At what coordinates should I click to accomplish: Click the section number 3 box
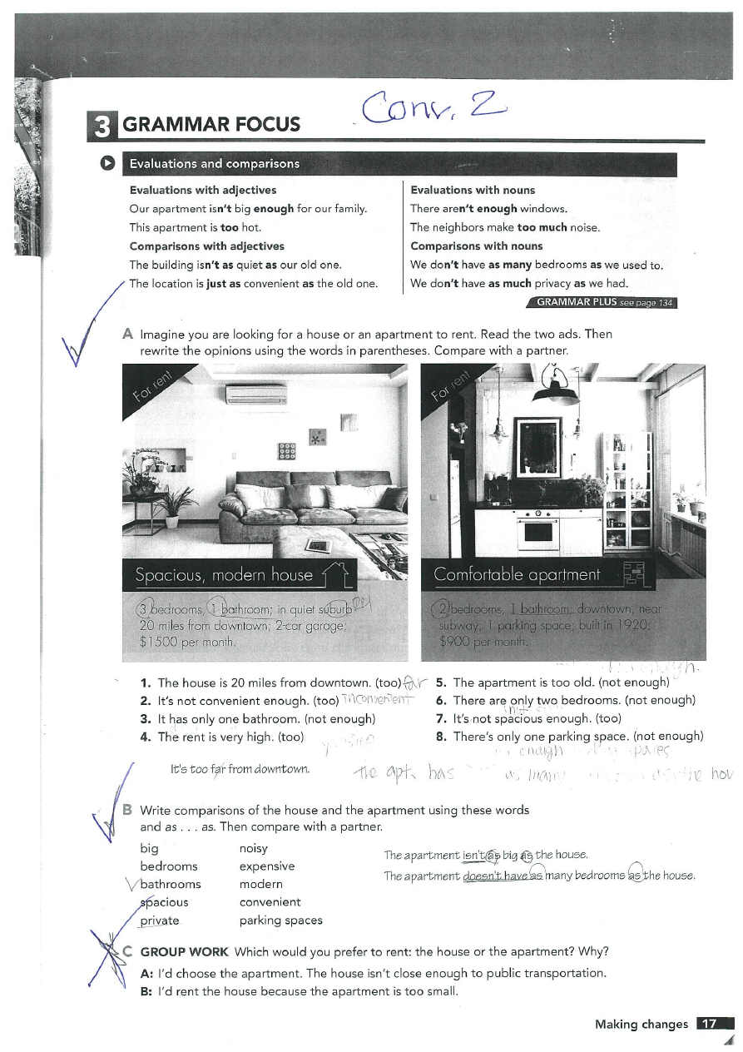click(x=102, y=124)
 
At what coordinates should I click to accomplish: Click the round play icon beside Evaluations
click(x=106, y=163)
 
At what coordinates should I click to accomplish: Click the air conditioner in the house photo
click(x=256, y=394)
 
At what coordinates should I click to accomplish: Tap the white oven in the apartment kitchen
click(x=537, y=530)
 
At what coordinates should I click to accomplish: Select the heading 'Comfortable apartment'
click(x=517, y=574)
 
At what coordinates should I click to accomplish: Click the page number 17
click(x=710, y=1025)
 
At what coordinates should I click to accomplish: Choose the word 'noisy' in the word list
click(x=253, y=848)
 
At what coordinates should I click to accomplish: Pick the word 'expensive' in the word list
click(x=266, y=866)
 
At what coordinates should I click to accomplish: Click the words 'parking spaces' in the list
click(x=280, y=920)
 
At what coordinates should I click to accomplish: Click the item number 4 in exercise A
click(x=145, y=737)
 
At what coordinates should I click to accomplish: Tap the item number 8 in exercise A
click(x=441, y=737)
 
